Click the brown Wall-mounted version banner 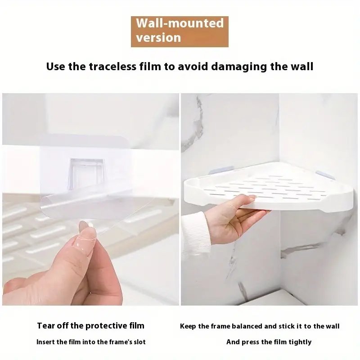point(180,31)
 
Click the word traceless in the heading point(112,67)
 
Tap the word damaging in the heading point(239,67)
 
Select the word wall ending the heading point(302,67)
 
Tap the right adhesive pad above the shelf point(325,175)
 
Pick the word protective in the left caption point(105,326)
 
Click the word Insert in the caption point(45,342)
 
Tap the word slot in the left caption point(140,342)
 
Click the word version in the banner point(158,38)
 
